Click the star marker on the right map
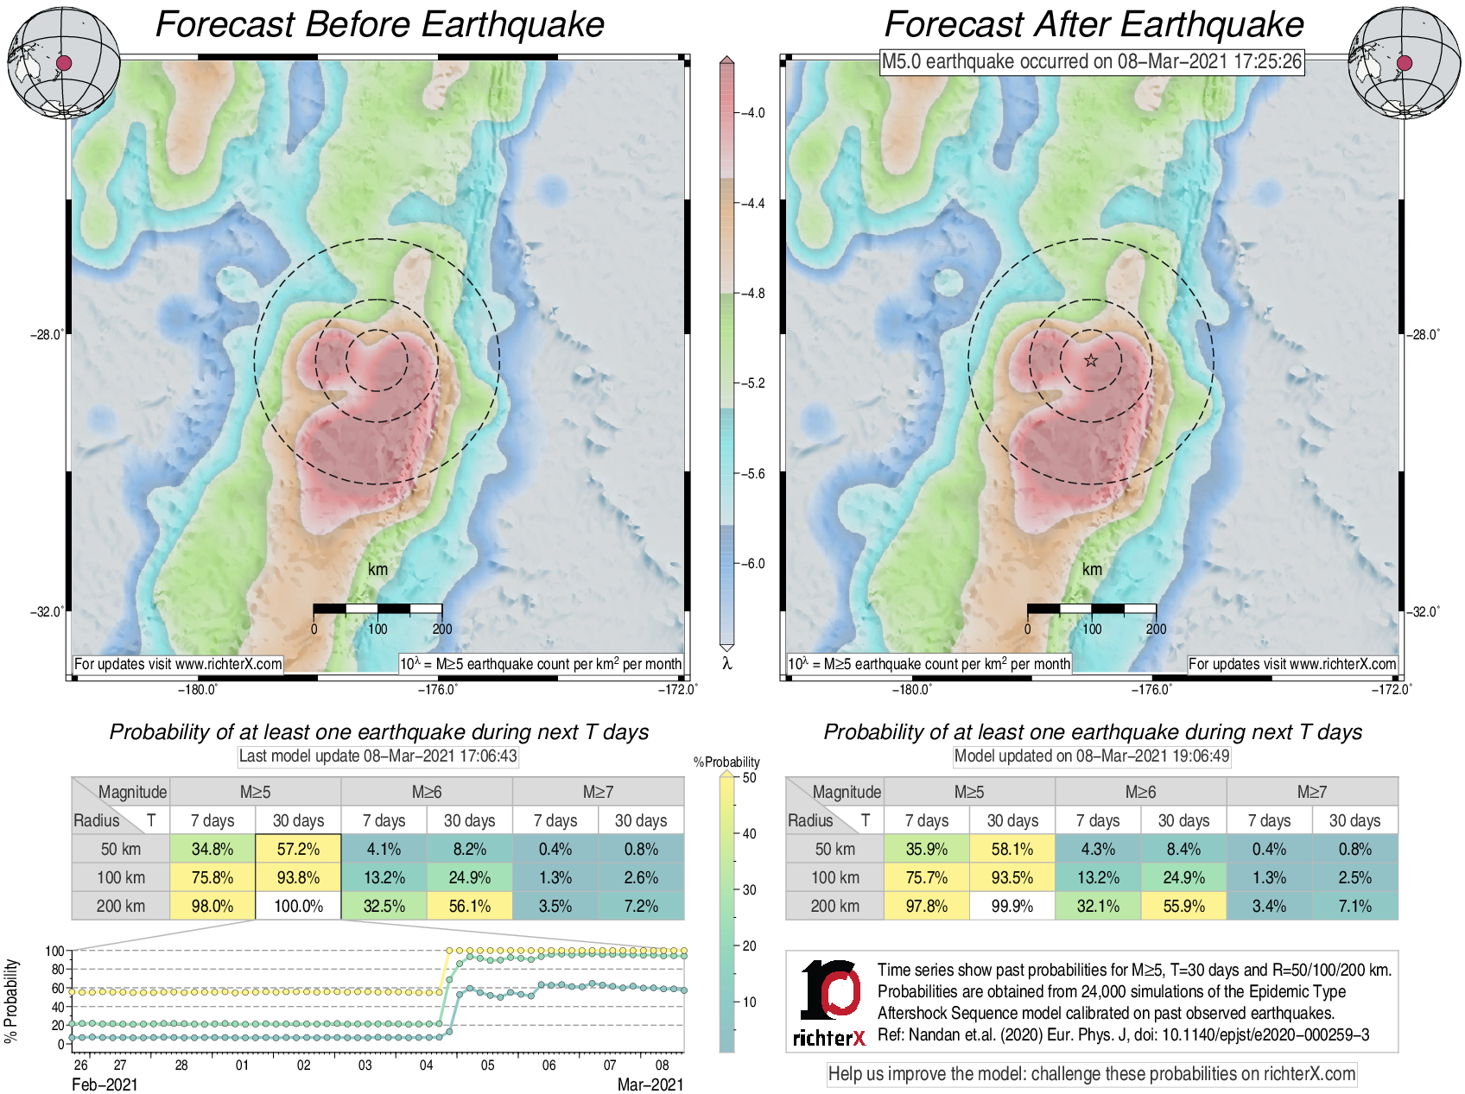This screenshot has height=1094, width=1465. [1091, 360]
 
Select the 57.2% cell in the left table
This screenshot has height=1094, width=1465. [298, 849]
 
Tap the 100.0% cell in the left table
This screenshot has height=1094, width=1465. [298, 906]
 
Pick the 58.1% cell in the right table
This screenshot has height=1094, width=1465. [1012, 849]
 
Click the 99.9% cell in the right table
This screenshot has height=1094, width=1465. [1012, 906]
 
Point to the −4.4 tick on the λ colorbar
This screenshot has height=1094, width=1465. [753, 204]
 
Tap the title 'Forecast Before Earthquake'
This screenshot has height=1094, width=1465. [379, 24]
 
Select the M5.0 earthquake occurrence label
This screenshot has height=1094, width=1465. [1091, 61]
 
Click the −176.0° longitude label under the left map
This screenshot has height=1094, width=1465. [438, 689]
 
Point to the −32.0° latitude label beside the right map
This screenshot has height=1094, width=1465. [1424, 612]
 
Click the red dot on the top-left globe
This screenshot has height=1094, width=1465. [64, 62]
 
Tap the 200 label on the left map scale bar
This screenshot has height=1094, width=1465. [442, 629]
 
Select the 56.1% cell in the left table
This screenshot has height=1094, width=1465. [469, 906]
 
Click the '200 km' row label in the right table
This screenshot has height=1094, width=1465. [834, 906]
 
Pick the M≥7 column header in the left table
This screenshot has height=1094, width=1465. [598, 792]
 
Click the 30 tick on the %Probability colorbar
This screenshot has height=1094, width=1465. [749, 889]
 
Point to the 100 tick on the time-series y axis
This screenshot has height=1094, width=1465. [54, 951]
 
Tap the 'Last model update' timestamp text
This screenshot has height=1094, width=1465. [377, 756]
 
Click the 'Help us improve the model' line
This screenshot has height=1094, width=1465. [1091, 1074]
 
